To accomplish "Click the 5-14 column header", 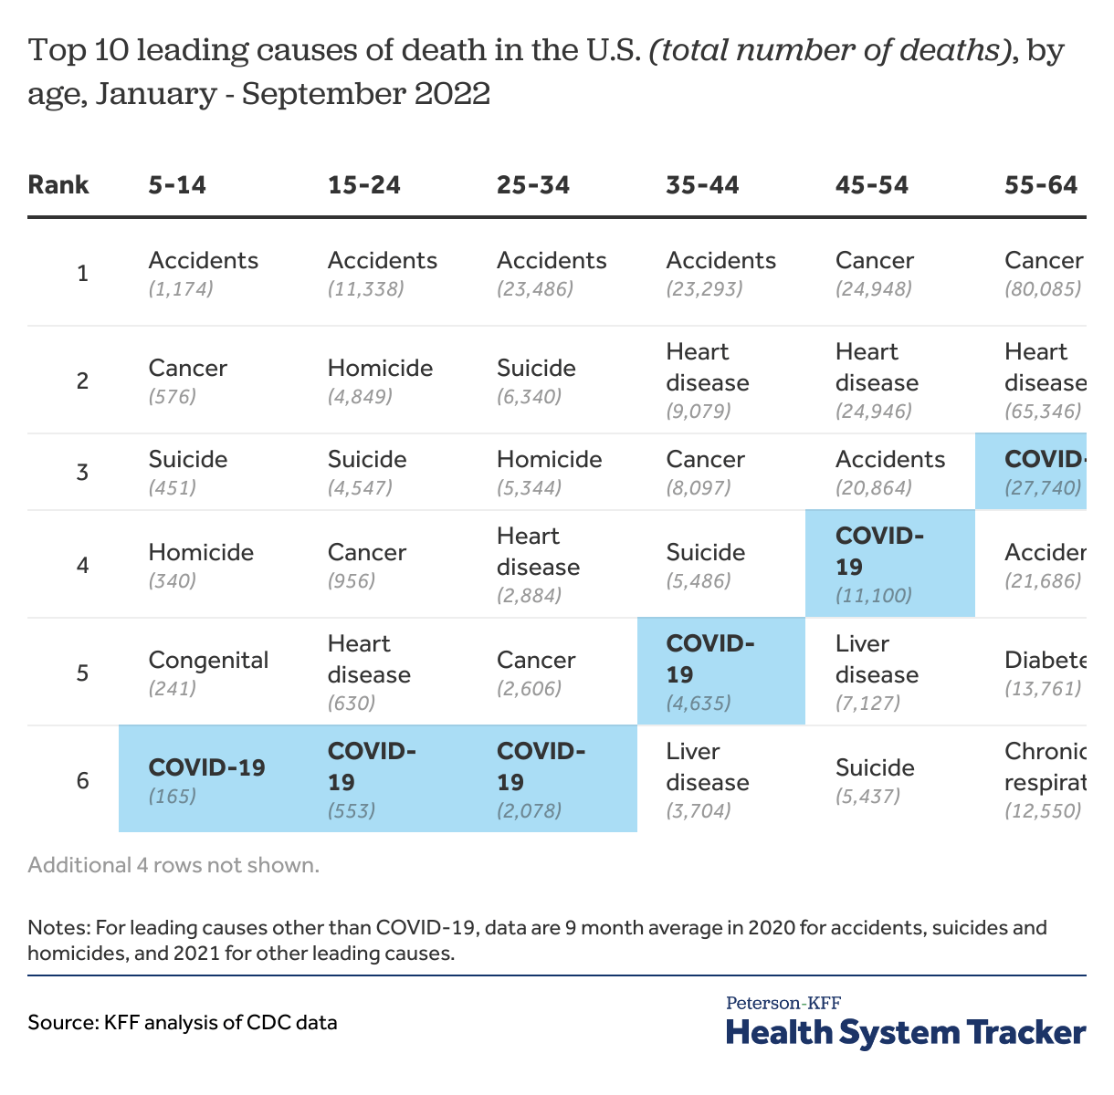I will click(177, 185).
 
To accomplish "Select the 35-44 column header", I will click(702, 185).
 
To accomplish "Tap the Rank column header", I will click(58, 185).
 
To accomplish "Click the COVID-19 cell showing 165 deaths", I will click(207, 779).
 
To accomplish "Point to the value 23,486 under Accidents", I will click(535, 289).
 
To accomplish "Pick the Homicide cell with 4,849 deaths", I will click(380, 381).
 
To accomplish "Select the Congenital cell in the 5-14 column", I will click(208, 672).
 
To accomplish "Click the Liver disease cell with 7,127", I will click(877, 672).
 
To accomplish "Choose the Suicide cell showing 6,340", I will click(536, 381).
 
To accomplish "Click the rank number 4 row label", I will click(83, 565).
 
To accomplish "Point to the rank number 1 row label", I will click(83, 273).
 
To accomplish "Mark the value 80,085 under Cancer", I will click(1043, 289).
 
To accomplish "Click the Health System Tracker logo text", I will click(905, 1033).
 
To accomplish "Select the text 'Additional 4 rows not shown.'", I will click(173, 865).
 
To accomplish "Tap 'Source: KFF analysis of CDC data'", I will click(183, 1022).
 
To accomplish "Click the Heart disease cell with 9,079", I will click(708, 381).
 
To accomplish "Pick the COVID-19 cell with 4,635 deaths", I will click(720, 672).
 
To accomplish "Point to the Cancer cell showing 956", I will click(367, 565).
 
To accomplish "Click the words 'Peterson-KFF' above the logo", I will click(783, 1003).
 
